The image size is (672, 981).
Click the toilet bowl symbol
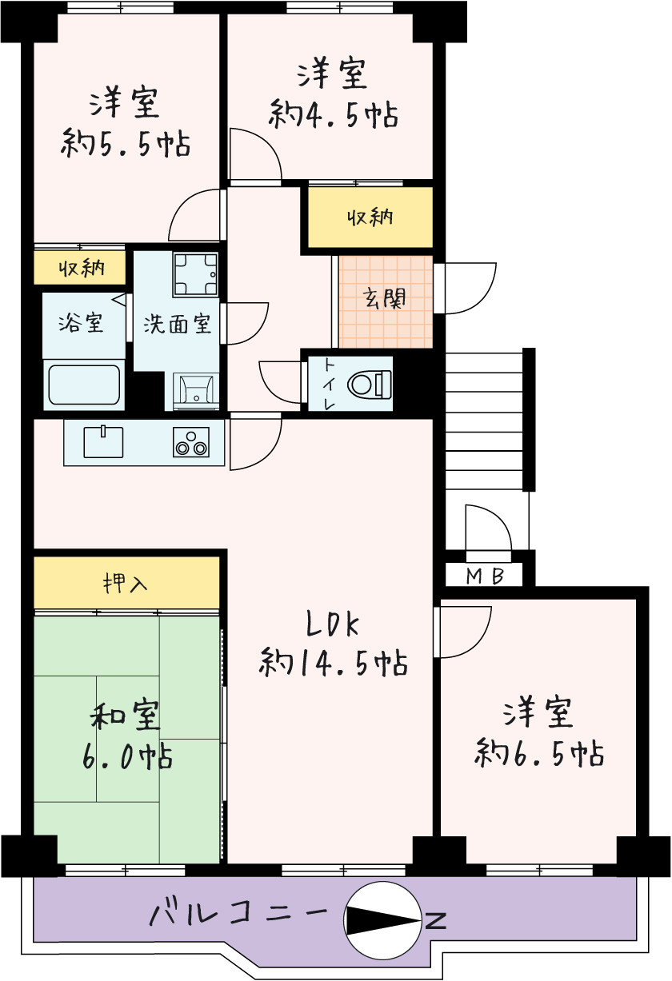(x=369, y=384)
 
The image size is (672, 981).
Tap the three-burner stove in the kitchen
(x=191, y=442)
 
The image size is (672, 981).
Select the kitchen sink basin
(x=103, y=442)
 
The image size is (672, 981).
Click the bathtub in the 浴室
(x=84, y=385)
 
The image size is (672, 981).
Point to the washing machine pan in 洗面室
(x=195, y=274)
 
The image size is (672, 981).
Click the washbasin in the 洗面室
(x=195, y=389)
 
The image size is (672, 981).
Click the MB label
(x=486, y=576)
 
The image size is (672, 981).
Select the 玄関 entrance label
(x=385, y=300)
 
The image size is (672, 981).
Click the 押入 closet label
(x=125, y=583)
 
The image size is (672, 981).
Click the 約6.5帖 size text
(x=538, y=753)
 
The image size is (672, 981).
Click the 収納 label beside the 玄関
(x=370, y=217)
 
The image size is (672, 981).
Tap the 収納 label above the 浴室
(x=82, y=267)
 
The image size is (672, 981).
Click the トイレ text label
(x=329, y=384)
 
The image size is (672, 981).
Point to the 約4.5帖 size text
(x=333, y=115)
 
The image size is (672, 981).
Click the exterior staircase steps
(x=484, y=420)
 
